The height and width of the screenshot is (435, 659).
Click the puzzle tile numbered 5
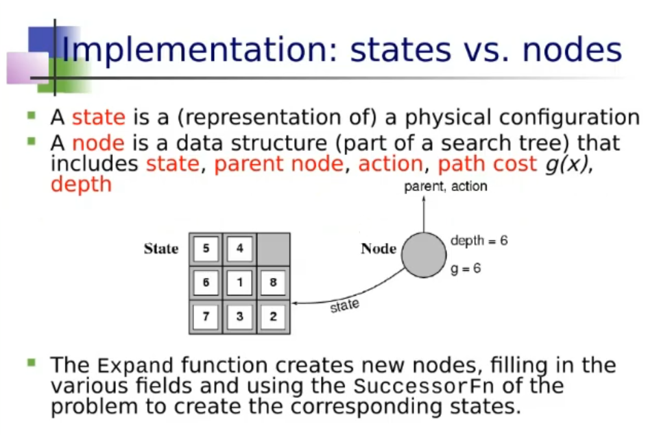206,248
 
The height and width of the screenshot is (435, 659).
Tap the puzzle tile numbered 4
239,248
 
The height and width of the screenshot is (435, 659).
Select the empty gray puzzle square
273,249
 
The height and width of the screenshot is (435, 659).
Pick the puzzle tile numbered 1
239,282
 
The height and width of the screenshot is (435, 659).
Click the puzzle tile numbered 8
273,282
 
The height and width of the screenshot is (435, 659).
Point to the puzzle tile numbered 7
206,316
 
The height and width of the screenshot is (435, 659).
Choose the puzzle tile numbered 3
239,316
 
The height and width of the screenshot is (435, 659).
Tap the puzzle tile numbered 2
273,316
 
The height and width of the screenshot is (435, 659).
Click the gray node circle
424,255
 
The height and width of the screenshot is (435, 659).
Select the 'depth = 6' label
479,241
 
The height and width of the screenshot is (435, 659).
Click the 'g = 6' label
465,268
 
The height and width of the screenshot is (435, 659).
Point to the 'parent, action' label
446,187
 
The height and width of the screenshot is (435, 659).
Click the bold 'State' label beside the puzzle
161,248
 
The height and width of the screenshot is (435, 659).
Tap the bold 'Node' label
379,248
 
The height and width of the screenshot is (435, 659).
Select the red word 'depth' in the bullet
81,185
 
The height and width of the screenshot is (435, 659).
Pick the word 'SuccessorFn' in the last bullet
424,386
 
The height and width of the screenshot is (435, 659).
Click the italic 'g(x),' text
569,164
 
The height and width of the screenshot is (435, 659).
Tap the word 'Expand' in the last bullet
135,365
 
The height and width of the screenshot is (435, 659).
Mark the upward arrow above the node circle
424,214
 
